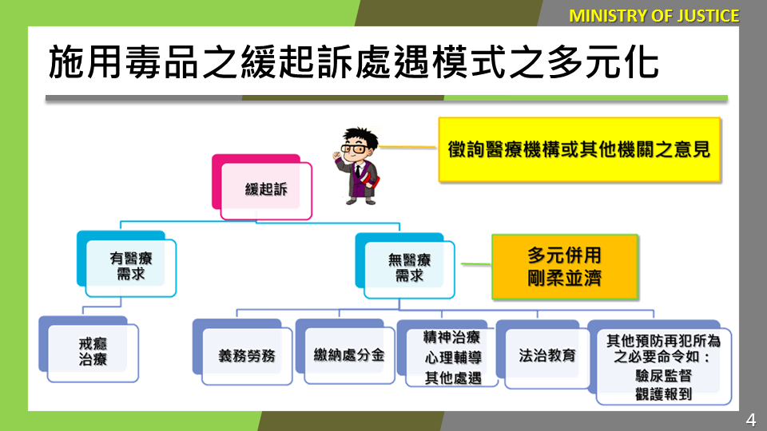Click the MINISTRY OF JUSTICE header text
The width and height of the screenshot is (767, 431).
tap(654, 16)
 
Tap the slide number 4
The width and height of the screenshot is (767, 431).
tap(751, 420)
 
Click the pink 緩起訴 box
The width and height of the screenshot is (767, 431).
tap(262, 187)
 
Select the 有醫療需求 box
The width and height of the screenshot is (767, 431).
tap(127, 264)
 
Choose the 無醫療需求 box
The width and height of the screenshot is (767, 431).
tap(405, 266)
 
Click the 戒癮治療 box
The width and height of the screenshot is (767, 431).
tap(89, 350)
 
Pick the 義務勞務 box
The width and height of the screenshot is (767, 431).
tap(243, 352)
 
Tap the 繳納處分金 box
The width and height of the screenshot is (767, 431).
tap(345, 352)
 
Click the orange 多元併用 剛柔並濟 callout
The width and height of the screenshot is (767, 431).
tap(565, 267)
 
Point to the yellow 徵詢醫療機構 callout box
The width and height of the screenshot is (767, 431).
tap(580, 149)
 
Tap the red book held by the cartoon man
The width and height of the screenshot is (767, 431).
tap(371, 183)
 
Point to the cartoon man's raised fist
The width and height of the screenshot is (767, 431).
tap(337, 155)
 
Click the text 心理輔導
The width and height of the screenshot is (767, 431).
tap(453, 358)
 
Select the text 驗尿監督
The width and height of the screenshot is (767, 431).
tap(663, 375)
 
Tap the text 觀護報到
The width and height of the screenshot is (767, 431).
tap(663, 393)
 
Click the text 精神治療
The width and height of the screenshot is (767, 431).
tap(451, 337)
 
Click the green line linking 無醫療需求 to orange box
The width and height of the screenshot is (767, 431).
tap(476, 264)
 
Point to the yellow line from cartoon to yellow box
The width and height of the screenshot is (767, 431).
tap(408, 146)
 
